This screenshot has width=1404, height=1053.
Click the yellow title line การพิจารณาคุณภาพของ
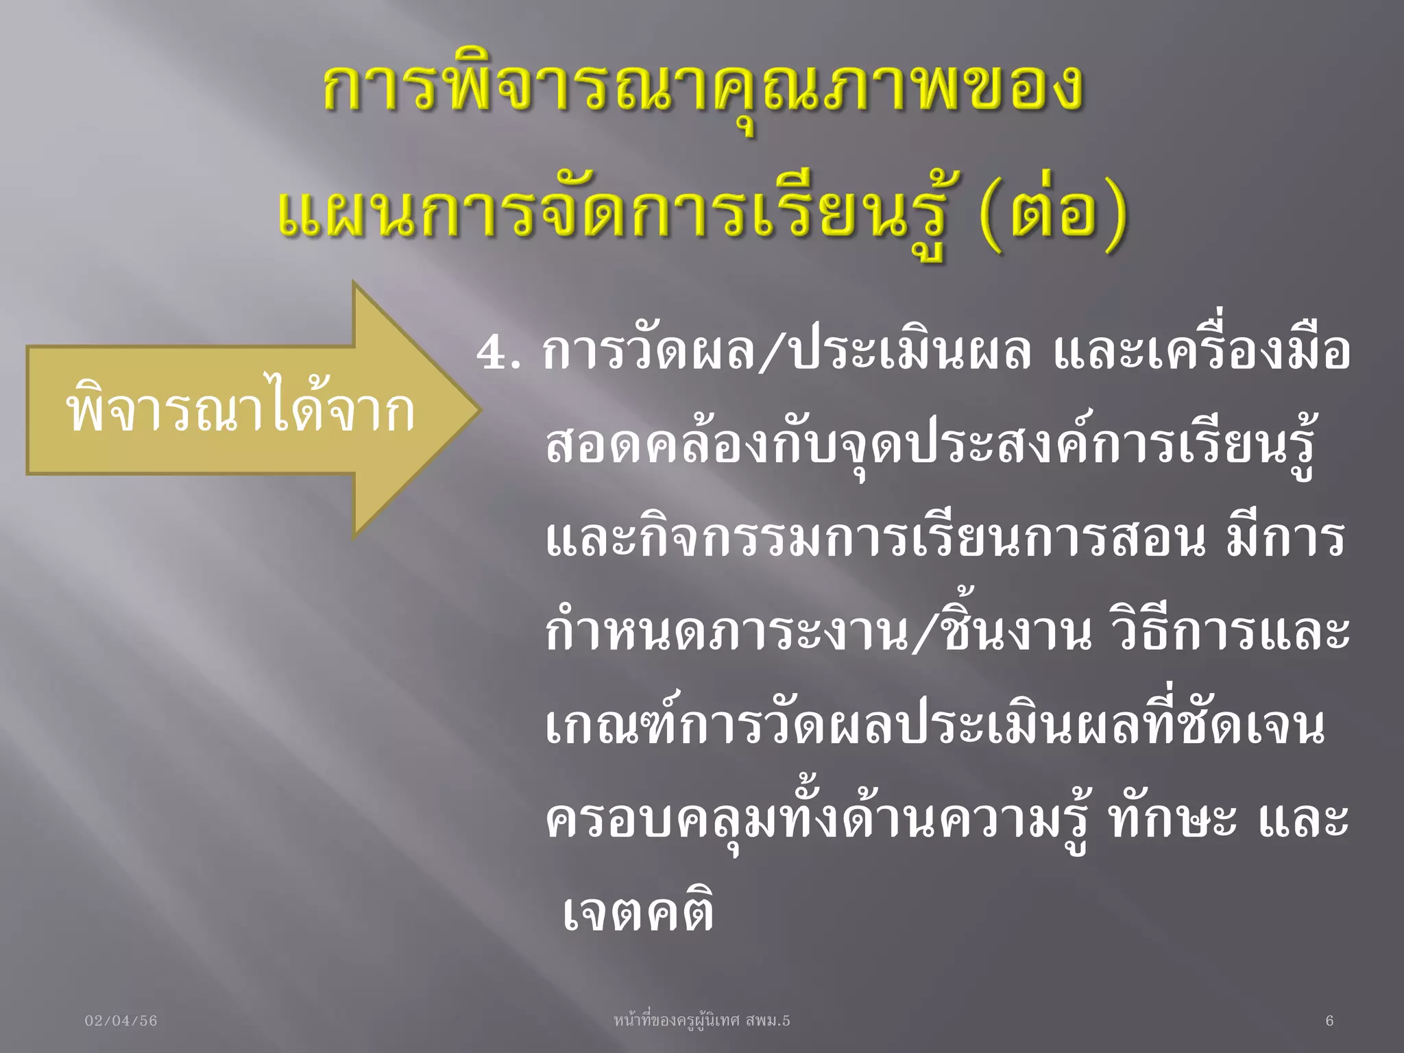pyautogui.click(x=703, y=89)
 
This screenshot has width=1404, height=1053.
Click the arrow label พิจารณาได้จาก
pyautogui.click(x=240, y=411)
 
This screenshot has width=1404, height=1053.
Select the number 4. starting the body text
pyautogui.click(x=498, y=354)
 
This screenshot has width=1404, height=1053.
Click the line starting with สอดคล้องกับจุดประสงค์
pyautogui.click(x=930, y=446)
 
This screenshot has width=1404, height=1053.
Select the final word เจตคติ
pyautogui.click(x=638, y=912)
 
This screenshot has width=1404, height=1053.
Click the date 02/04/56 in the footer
pyautogui.click(x=121, y=1021)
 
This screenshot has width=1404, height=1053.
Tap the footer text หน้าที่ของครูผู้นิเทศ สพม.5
pyautogui.click(x=702, y=1021)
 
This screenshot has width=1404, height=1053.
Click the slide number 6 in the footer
pyautogui.click(x=1329, y=1021)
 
